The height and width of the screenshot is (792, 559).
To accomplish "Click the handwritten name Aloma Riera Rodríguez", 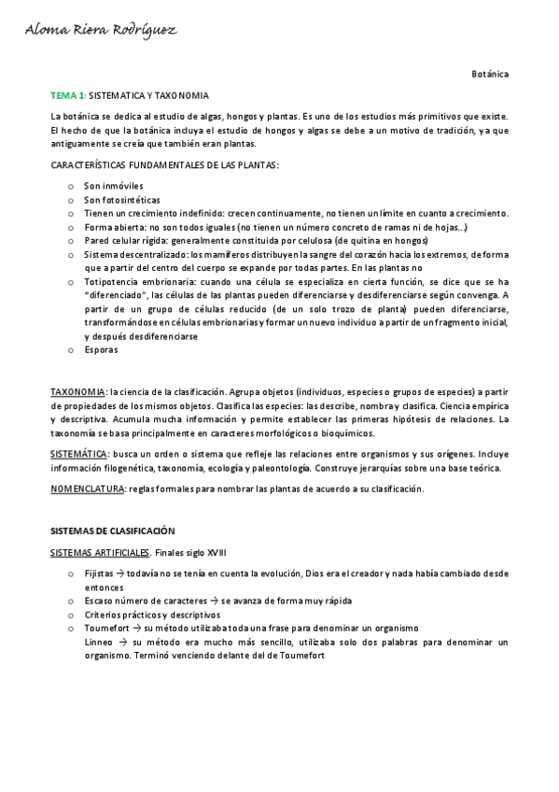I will click(100, 31).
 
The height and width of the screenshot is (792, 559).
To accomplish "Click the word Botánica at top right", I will click(490, 74).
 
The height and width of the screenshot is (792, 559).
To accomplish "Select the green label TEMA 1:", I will click(68, 96).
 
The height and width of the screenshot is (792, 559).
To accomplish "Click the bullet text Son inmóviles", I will click(114, 186).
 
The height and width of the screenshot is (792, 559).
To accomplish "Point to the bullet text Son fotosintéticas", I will click(121, 200).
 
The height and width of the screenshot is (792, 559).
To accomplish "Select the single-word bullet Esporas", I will click(101, 349).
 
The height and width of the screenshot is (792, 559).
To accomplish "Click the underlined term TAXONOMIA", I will click(77, 392).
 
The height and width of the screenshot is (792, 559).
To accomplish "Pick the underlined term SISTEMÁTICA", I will click(78, 453).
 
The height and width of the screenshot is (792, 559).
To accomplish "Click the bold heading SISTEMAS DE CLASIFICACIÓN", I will click(112, 530).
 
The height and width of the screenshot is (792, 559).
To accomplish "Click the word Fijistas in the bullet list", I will click(98, 573).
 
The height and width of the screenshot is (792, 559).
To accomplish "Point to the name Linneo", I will click(99, 643).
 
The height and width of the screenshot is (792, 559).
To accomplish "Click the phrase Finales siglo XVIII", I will click(190, 553).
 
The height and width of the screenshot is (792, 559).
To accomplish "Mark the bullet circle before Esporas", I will click(70, 350).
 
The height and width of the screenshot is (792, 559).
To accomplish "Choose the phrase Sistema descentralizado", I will click(133, 254).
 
